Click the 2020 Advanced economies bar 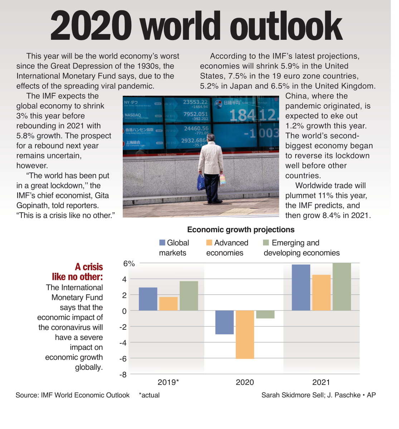(x=245, y=334)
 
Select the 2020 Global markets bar (x=224, y=322)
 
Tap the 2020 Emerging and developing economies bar (x=265, y=314)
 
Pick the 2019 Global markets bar (x=148, y=299)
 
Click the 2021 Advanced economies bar (x=321, y=292)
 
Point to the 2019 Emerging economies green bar (x=189, y=296)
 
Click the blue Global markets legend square (x=162, y=243)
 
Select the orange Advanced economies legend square (x=209, y=243)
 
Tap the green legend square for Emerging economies (x=266, y=243)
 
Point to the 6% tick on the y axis (x=129, y=264)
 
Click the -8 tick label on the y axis (x=123, y=375)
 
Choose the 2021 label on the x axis (x=321, y=382)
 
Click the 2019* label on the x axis (x=168, y=382)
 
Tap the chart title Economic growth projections (x=240, y=230)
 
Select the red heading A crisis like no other (x=78, y=272)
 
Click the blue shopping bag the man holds (x=201, y=182)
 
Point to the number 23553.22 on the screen (x=195, y=102)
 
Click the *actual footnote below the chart (x=149, y=395)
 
